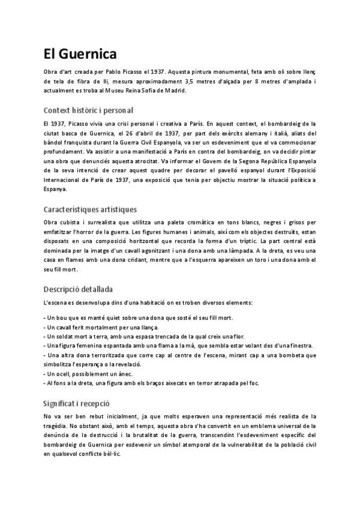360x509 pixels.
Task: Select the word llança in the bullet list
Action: [147, 327]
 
